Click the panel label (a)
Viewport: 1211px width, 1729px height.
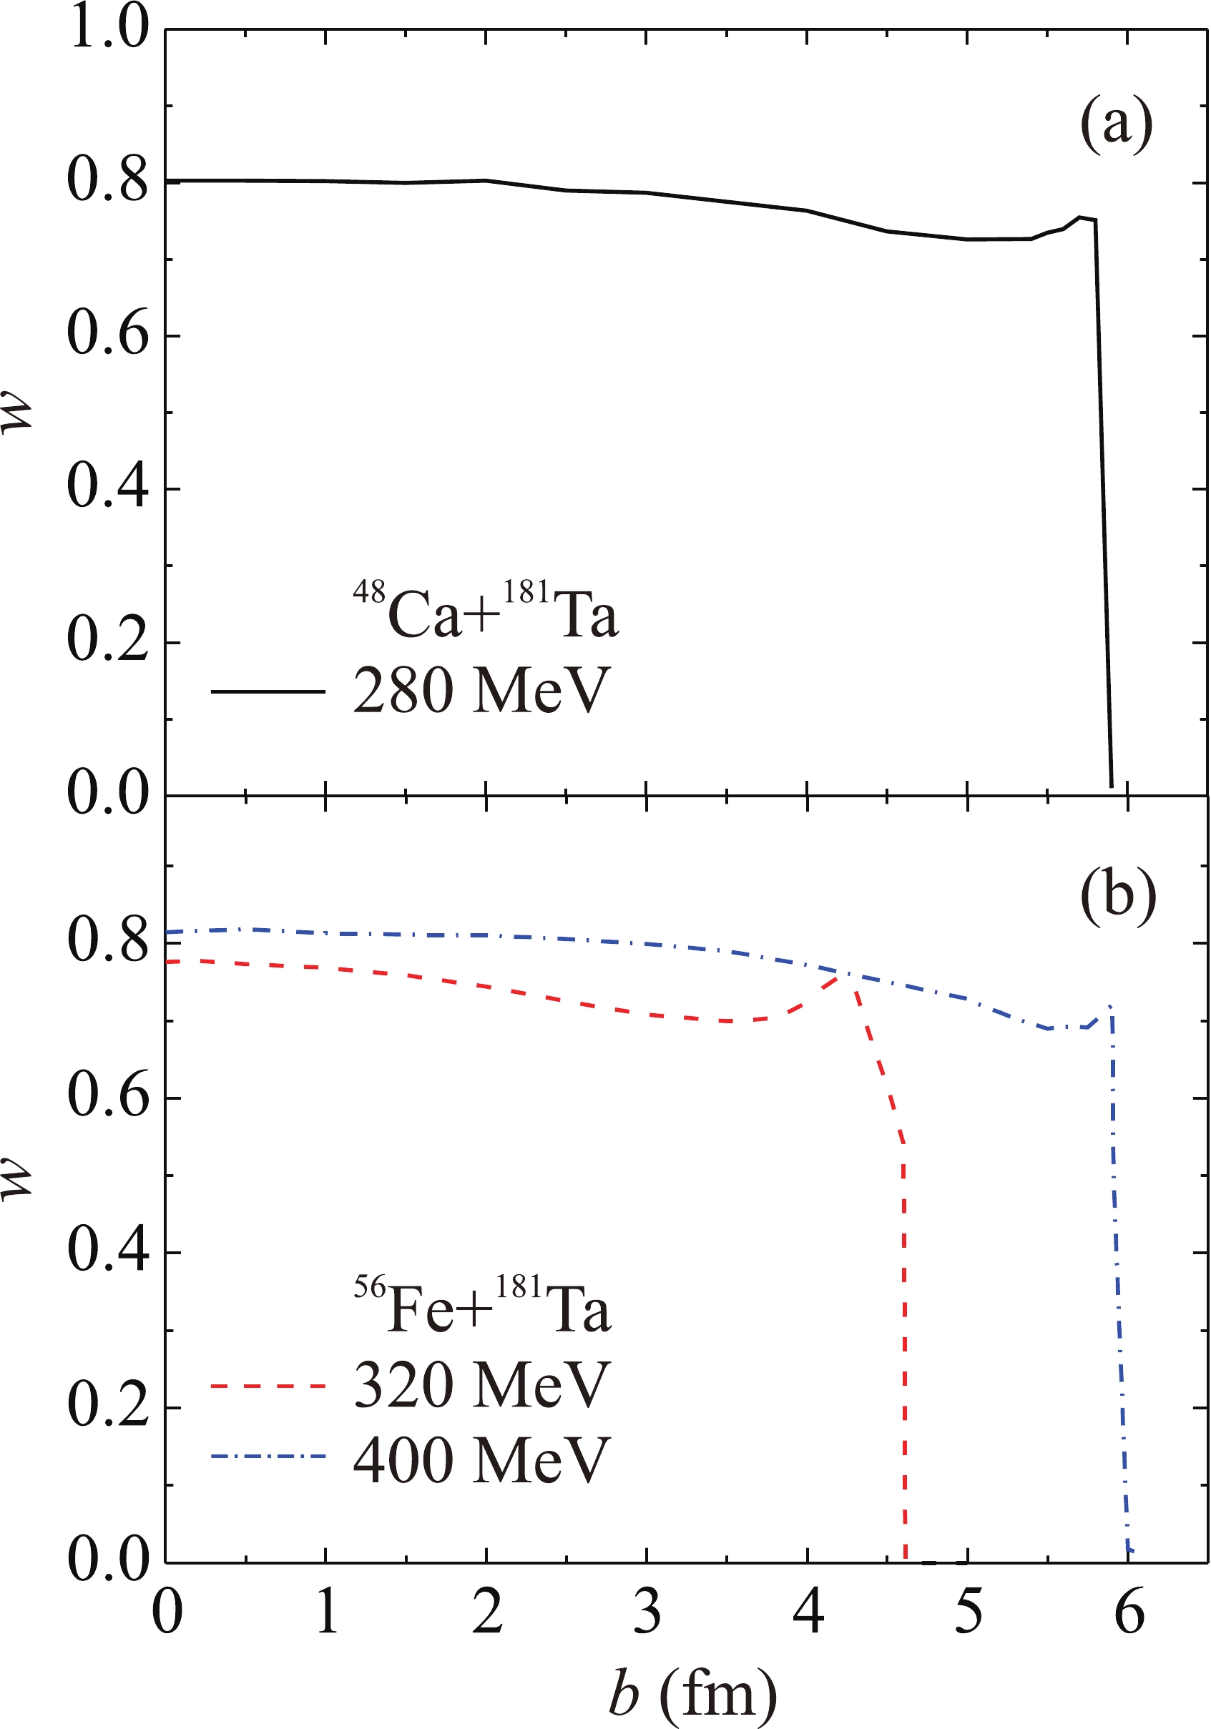[1116, 125]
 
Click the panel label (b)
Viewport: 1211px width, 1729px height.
[1117, 895]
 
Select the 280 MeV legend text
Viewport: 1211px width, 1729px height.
[480, 691]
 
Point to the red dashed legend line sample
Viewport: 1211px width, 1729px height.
[268, 1386]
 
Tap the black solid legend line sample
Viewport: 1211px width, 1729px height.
[268, 691]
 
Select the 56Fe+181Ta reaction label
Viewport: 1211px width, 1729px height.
[482, 1306]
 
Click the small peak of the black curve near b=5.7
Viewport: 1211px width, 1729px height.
[1080, 217]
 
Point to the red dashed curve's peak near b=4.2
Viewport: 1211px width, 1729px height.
[842, 976]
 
